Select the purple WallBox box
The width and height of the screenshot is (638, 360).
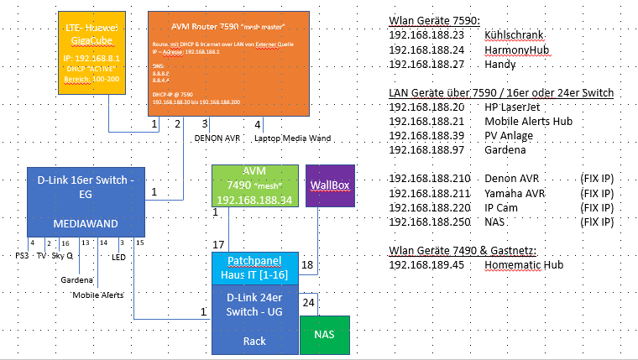pyautogui.click(x=320, y=185)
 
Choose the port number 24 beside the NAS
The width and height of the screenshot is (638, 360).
pyautogui.click(x=308, y=302)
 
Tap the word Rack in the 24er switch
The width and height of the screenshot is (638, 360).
pyautogui.click(x=254, y=341)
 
